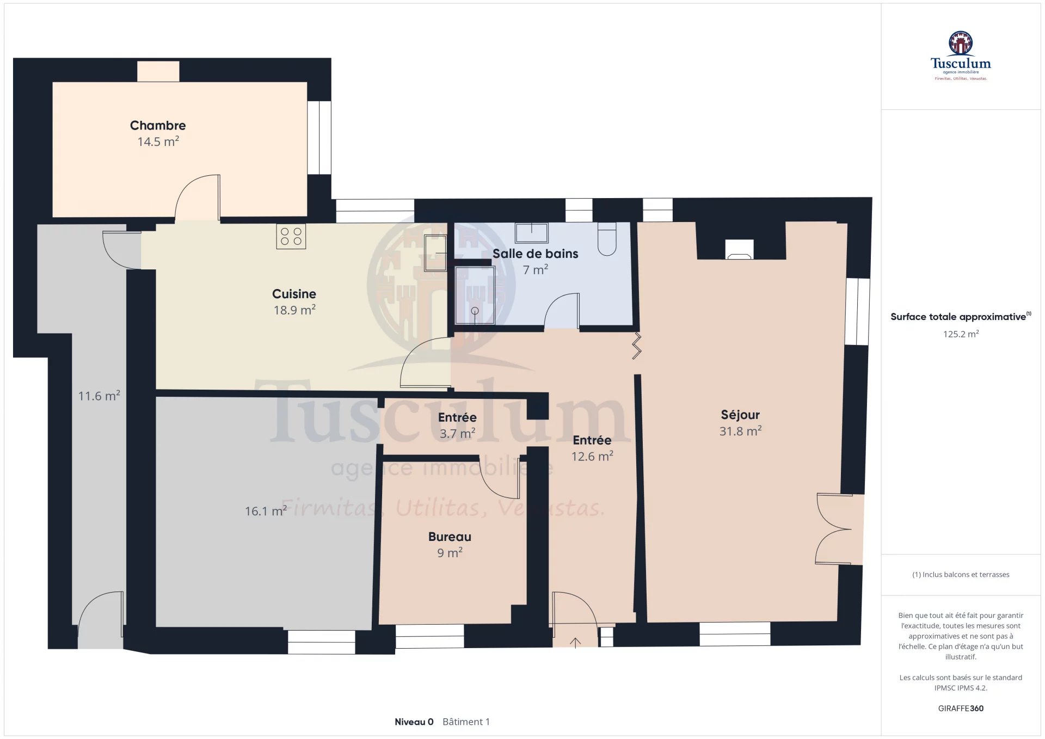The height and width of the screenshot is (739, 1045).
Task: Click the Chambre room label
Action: (158, 126)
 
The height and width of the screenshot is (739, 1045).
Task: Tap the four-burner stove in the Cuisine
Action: (291, 236)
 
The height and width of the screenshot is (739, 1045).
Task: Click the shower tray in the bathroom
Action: (475, 295)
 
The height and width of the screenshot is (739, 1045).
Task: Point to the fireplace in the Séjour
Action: (739, 249)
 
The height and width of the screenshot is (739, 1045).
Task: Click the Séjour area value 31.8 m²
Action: (740, 431)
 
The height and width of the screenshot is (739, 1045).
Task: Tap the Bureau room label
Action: (450, 537)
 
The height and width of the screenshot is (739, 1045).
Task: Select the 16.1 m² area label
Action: (266, 511)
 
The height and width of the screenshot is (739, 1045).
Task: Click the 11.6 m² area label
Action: (99, 396)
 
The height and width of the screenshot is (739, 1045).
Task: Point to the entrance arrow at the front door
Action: (575, 643)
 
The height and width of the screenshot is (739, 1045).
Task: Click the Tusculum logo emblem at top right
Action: (961, 43)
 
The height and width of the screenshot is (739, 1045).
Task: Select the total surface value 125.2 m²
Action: (961, 334)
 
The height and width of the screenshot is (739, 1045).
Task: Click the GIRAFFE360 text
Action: (961, 708)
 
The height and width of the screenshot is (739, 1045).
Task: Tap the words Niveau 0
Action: (414, 722)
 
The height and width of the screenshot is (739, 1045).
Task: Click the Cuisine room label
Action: (294, 294)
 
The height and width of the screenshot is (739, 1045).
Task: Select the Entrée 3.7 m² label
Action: (457, 425)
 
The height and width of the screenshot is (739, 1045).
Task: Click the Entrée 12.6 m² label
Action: (592, 448)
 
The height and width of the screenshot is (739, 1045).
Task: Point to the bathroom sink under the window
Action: (532, 232)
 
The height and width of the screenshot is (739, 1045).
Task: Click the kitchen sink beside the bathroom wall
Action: (435, 253)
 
